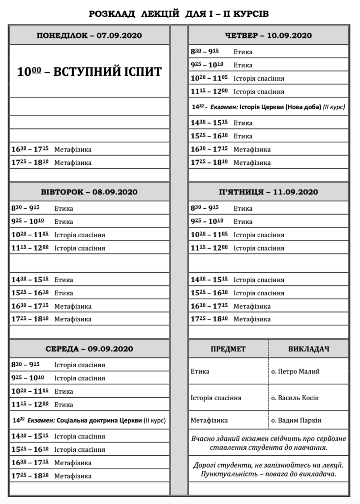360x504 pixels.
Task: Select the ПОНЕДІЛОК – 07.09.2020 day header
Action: pos(89,36)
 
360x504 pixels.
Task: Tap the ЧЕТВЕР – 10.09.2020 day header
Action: pos(268,36)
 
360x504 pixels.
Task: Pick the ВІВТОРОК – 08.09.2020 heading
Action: pos(89,192)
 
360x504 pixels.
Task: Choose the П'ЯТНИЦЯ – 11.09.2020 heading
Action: pos(268,192)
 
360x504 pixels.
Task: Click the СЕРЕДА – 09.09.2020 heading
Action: pos(89,349)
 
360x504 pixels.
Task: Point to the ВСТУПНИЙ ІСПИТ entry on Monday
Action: pos(89,71)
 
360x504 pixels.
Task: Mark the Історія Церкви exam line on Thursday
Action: pos(268,107)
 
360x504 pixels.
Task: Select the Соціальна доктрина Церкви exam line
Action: pos(89,420)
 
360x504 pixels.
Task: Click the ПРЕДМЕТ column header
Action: pos(228,349)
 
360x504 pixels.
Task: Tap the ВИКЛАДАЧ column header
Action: pos(308,349)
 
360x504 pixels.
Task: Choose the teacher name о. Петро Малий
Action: pos(295,371)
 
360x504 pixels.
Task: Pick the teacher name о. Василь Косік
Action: pos(295,398)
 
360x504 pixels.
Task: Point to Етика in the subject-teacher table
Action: pos(200,371)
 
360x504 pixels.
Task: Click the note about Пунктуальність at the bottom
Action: pos(268,470)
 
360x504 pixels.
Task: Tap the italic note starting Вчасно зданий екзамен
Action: pos(268,443)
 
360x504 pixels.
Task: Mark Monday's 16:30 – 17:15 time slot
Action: pos(30,149)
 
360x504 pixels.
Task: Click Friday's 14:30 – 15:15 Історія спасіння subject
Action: pos(259,280)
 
